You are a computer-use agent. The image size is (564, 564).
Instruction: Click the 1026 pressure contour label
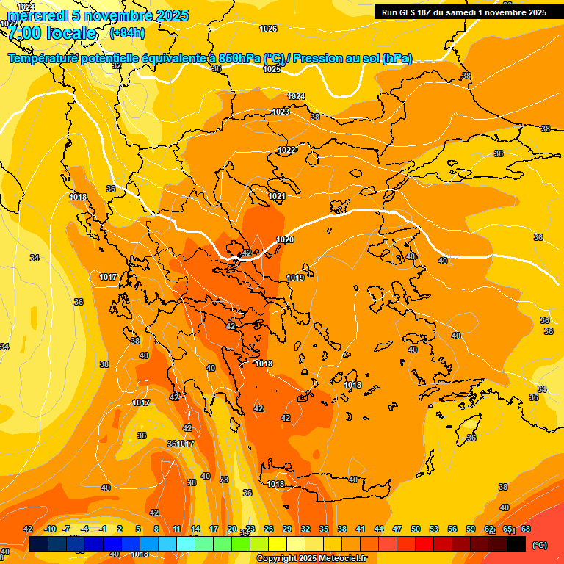click(269, 29)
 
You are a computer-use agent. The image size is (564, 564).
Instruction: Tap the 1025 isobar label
click(272, 69)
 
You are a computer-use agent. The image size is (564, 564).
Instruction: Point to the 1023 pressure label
click(281, 112)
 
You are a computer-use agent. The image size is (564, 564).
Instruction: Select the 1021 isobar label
click(277, 196)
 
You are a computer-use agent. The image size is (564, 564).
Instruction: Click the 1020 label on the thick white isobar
click(285, 240)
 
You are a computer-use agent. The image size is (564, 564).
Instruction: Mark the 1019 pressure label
click(295, 278)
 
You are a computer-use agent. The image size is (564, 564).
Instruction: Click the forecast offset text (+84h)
click(127, 33)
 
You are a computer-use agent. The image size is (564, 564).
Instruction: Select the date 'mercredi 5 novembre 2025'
click(98, 15)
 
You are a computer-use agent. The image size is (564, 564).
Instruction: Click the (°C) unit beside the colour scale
click(539, 544)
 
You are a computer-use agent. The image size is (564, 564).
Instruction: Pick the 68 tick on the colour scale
click(526, 529)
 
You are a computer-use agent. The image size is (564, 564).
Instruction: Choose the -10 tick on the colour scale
click(50, 529)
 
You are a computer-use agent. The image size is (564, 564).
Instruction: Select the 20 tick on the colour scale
click(232, 529)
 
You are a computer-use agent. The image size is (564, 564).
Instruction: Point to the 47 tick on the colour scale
click(397, 529)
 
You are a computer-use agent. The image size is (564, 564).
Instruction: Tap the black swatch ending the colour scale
click(517, 543)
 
